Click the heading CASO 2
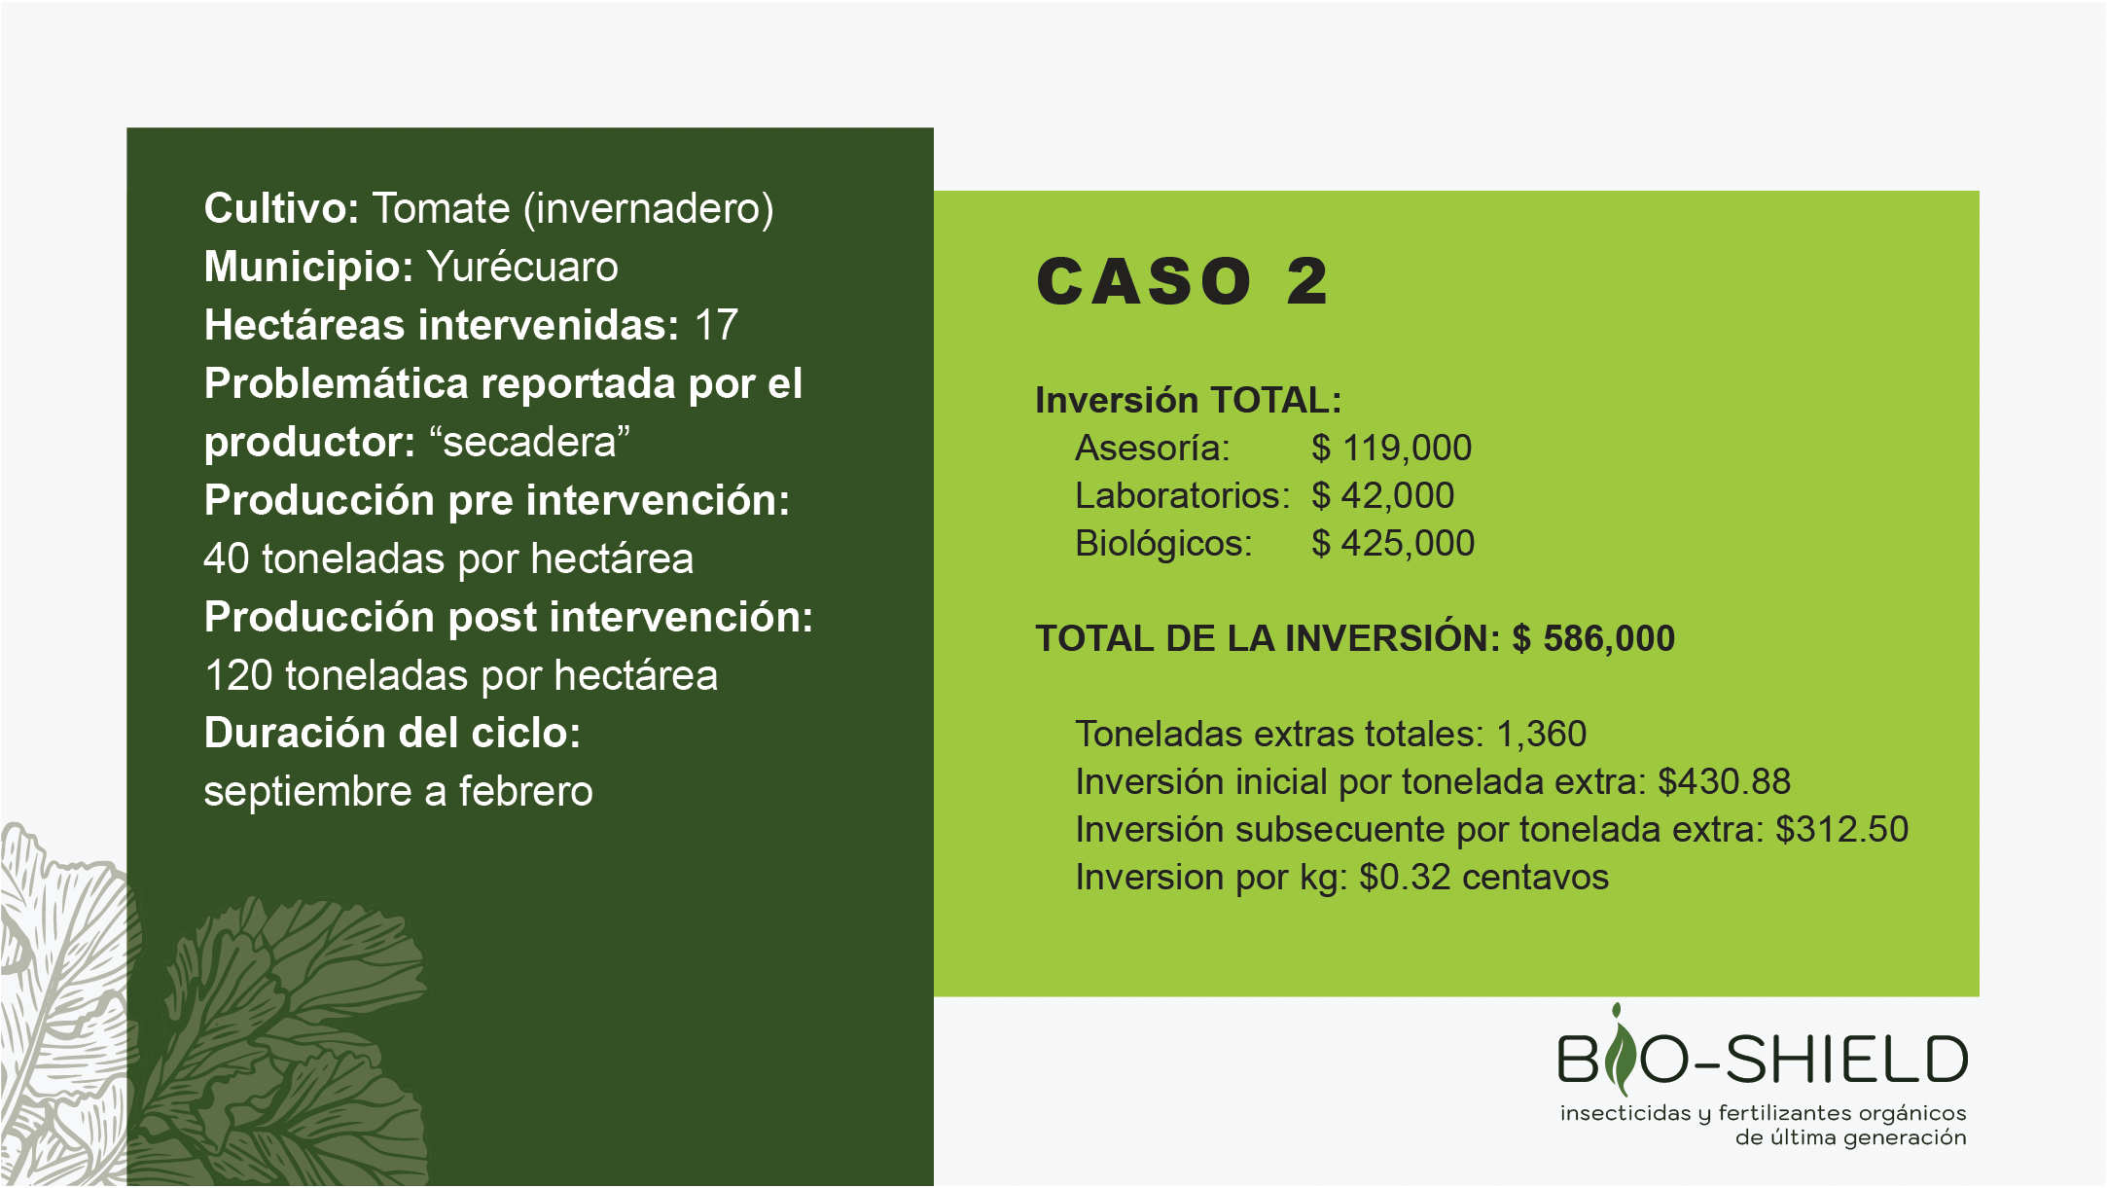point(1182,282)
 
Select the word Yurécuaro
point(522,267)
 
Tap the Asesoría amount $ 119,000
point(1391,449)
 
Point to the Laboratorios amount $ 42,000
point(1382,496)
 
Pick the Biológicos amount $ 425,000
point(1393,544)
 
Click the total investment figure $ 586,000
point(1593,638)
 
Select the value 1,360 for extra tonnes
point(1542,735)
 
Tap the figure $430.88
point(1725,782)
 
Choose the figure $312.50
point(1842,830)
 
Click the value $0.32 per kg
point(1406,878)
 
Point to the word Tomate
point(442,208)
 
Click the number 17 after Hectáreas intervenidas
point(716,325)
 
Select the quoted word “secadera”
point(529,442)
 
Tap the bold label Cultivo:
point(282,208)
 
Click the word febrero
point(526,792)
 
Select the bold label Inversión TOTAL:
point(1189,400)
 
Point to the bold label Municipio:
point(309,267)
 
